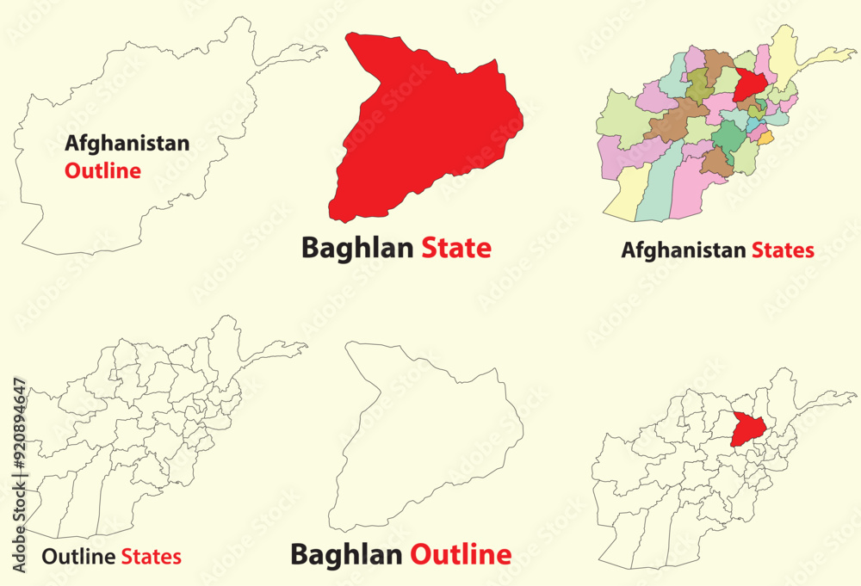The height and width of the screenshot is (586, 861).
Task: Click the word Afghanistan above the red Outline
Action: coord(127,144)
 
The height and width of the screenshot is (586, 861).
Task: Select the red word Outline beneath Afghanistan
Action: coord(102,170)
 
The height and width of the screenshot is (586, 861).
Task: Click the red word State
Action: coord(456,248)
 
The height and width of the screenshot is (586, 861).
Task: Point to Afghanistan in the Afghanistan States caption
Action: coord(684,250)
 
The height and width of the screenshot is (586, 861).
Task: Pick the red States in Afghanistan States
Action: coord(783,250)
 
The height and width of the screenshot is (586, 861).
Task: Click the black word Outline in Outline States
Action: coord(78,557)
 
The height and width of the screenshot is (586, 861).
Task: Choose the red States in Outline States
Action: coord(151,557)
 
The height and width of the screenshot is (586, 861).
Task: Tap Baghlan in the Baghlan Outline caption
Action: coord(346,554)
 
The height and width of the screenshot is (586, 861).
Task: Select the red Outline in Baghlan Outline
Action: coord(460,554)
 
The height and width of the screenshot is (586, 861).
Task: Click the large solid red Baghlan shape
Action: coord(422,129)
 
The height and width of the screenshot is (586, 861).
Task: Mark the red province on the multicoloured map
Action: coord(748,84)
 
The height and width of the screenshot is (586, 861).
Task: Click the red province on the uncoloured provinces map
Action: coord(746,429)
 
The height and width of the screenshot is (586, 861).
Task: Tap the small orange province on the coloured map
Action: coord(765,136)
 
